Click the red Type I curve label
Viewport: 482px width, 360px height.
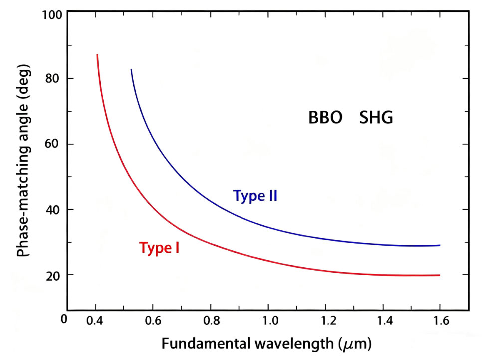[x=159, y=248]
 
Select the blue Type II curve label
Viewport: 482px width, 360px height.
[x=255, y=196]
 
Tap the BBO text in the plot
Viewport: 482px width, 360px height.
[x=325, y=118]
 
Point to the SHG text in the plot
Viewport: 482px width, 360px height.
[x=376, y=118]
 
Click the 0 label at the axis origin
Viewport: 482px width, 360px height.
[x=63, y=318]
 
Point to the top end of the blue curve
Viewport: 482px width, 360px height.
[x=131, y=70]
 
